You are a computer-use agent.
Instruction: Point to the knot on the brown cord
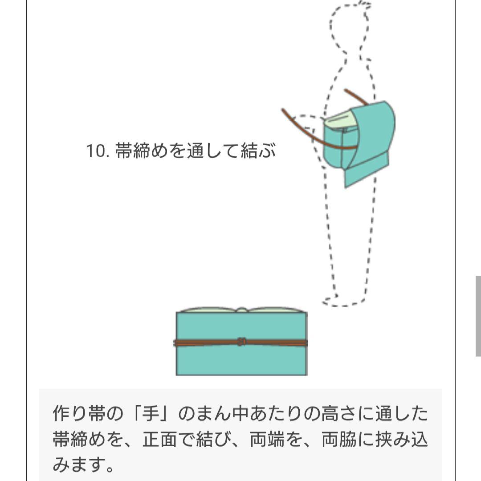tap(241, 342)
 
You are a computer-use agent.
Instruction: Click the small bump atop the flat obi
tap(241, 310)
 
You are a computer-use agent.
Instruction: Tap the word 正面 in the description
tap(156, 440)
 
